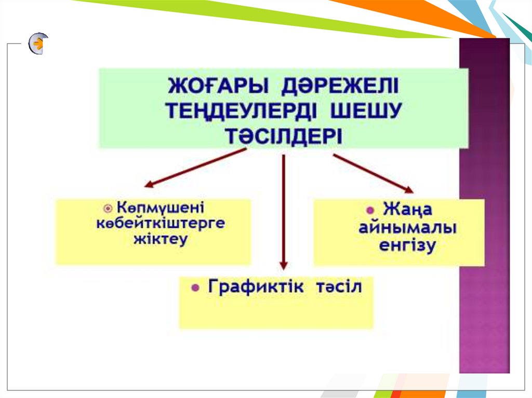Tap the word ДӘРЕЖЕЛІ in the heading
tap(339, 85)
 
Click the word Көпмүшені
tap(161, 208)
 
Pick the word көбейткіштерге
tap(161, 224)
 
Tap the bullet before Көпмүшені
tap(108, 208)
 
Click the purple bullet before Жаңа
tap(370, 211)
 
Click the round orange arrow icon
tap(38, 44)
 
